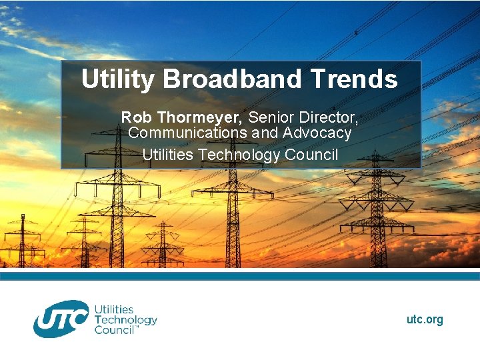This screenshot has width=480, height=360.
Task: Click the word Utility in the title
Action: pos(117,80)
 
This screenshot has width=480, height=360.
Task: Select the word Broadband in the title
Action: pos(232,80)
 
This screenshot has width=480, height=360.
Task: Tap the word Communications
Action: pos(187,133)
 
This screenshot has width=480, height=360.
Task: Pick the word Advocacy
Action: pos(317,133)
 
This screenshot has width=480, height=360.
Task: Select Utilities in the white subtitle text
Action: pos(167,155)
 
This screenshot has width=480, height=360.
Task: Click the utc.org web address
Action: pos(425,320)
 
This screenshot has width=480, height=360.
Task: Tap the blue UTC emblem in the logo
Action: pos(61,319)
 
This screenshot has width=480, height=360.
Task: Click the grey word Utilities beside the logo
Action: pos(114,310)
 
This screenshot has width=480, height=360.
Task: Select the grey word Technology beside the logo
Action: pos(125,320)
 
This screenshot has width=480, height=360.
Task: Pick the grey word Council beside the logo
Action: pos(115,330)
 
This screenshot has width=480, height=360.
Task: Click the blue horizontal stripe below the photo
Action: pos(240,275)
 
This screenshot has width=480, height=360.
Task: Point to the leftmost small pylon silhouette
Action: pos(22,240)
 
